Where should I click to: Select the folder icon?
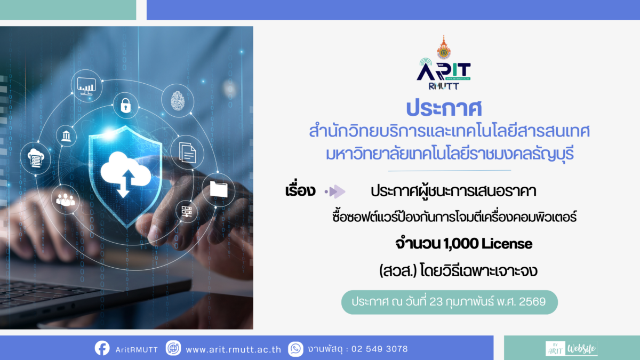click(x=219, y=188)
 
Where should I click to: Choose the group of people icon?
click(x=66, y=198)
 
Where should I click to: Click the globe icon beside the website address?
click(x=173, y=349)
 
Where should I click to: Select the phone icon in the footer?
click(x=295, y=349)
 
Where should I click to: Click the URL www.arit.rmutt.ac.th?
click(x=233, y=349)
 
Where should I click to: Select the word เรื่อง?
click(x=300, y=191)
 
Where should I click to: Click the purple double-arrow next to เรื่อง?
click(x=336, y=191)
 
